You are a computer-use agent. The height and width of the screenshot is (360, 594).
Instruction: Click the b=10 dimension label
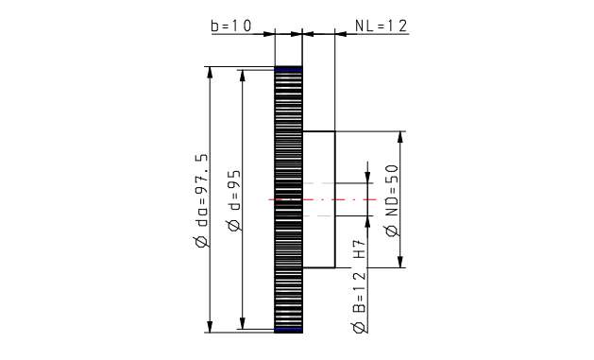click(231, 26)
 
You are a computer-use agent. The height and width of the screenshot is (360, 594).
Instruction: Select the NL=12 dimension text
click(382, 26)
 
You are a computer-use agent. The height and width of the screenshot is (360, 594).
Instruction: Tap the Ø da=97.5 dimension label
click(201, 200)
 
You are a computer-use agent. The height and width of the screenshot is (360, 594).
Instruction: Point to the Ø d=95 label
click(234, 200)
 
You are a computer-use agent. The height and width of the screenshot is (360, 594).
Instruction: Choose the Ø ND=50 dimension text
click(393, 200)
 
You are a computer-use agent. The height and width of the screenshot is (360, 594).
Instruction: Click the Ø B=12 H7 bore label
click(360, 285)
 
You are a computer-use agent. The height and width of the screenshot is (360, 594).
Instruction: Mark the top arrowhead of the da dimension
click(210, 73)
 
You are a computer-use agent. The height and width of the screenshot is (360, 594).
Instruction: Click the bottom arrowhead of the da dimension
click(210, 327)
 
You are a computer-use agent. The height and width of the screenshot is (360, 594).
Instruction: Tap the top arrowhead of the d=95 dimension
click(243, 76)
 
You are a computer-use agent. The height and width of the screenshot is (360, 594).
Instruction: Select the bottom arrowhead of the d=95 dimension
click(243, 323)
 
